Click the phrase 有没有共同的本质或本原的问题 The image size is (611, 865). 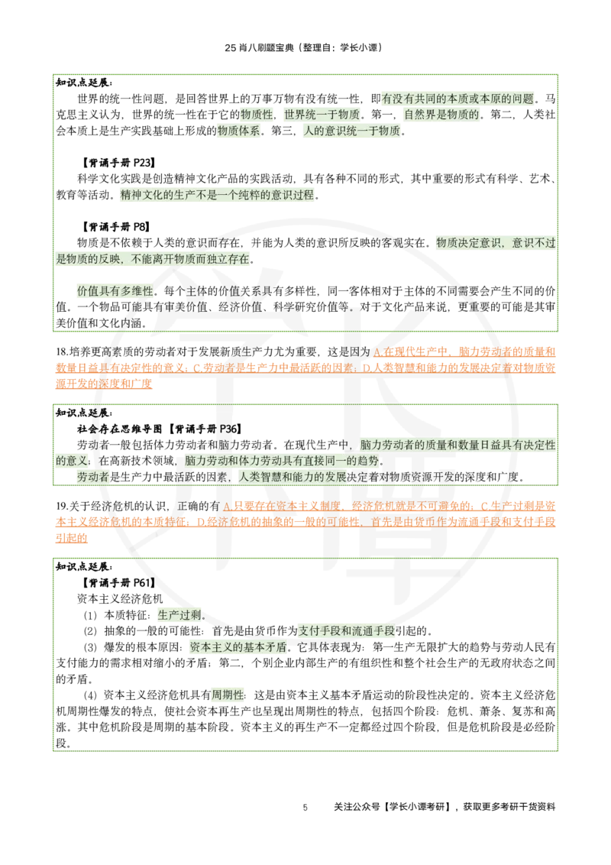click(458, 99)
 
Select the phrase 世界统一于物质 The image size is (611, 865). click(322, 115)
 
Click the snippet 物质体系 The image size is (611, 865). click(239, 131)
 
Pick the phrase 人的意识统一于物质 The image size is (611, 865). click(351, 131)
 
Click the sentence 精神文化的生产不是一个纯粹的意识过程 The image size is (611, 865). click(217, 195)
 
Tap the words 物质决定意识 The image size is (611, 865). click(467, 243)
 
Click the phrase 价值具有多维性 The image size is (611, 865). click(115, 291)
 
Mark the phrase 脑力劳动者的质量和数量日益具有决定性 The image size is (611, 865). click(457, 445)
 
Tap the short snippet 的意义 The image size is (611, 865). click(73, 461)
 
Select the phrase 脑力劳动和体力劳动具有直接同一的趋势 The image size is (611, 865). click(282, 461)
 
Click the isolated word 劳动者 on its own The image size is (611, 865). click(92, 477)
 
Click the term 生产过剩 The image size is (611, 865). click(179, 615)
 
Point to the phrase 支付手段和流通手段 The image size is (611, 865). click(346, 631)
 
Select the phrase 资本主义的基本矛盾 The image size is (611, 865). click(238, 646)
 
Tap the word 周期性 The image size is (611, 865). click(227, 695)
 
